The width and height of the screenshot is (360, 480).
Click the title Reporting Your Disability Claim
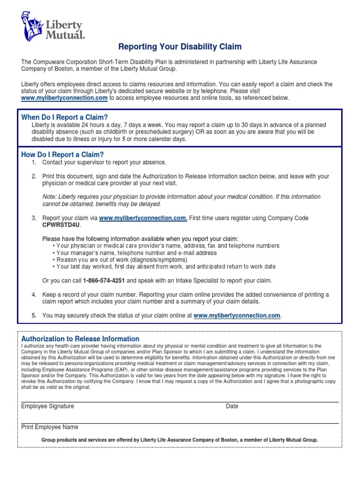point(180,46)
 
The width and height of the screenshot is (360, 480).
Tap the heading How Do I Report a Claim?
point(62,155)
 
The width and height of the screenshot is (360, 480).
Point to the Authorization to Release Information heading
point(80,339)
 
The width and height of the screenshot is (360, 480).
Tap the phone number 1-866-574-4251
point(104,281)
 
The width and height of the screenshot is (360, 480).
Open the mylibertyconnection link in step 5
point(237,316)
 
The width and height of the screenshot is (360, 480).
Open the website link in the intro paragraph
point(65,98)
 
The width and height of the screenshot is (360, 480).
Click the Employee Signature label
point(47,406)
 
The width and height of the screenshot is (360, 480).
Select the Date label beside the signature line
point(232,406)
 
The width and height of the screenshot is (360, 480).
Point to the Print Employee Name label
point(50,427)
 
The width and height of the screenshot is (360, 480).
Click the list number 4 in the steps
point(34,294)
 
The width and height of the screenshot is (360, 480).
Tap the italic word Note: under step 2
point(50,197)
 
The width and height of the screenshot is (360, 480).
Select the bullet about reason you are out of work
point(121,260)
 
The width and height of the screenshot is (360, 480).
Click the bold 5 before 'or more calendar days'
point(124,139)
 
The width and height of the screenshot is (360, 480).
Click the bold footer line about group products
point(180,440)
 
